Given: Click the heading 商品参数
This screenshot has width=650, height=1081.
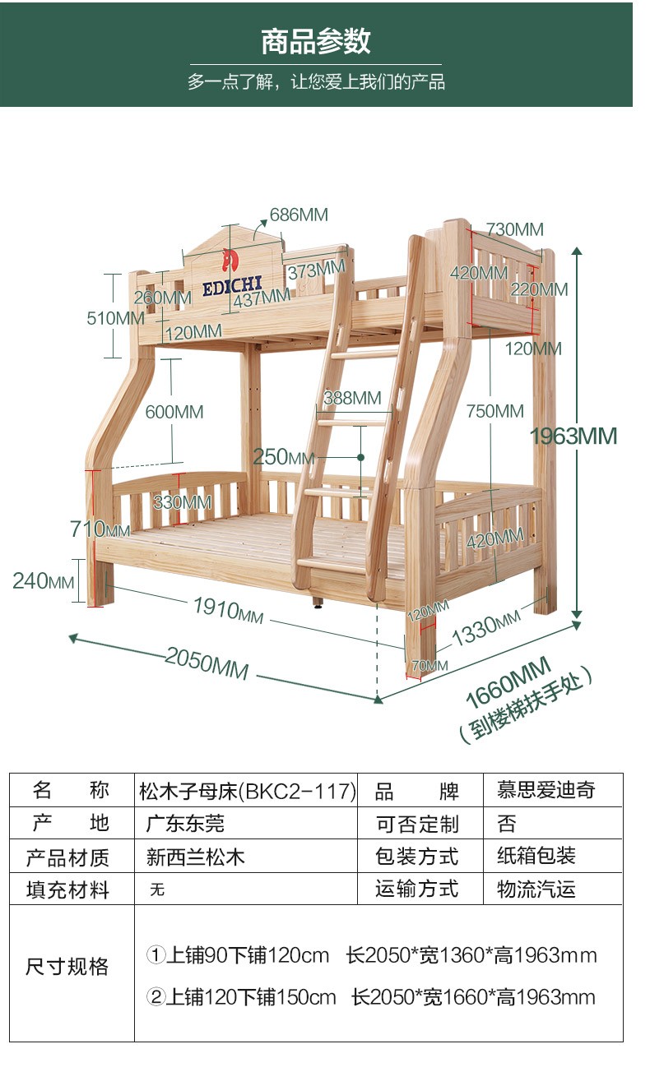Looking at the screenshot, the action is click(316, 41).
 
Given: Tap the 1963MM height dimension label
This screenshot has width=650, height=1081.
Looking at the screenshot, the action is click(573, 436).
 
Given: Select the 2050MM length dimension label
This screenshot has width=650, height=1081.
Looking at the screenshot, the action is click(207, 662).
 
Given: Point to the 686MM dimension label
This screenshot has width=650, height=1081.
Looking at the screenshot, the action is click(299, 215).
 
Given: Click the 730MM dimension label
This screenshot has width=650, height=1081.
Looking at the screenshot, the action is click(514, 229).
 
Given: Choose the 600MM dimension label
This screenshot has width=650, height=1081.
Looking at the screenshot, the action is click(174, 412).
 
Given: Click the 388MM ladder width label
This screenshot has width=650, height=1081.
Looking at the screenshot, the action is click(352, 399).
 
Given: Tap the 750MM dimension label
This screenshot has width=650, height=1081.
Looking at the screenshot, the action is click(494, 411).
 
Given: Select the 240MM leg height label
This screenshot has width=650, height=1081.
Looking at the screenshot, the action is click(43, 581).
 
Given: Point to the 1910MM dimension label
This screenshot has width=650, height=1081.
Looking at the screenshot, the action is click(228, 610).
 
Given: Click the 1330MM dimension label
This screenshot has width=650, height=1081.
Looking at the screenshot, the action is click(486, 629).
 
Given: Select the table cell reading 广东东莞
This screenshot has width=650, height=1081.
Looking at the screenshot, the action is click(186, 823).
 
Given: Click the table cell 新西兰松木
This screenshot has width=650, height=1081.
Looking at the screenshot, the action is click(196, 857).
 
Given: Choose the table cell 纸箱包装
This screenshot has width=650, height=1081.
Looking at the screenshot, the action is click(536, 856).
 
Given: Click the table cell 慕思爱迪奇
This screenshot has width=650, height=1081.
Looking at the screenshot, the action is click(546, 790).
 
